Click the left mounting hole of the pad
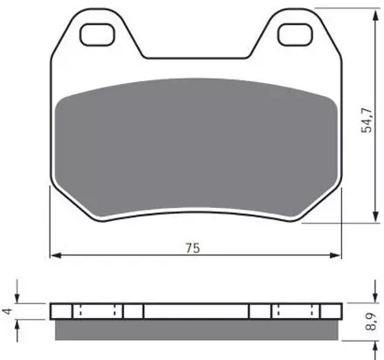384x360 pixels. (x=97, y=35)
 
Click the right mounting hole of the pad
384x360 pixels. (x=295, y=35)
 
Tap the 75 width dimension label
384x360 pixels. (x=193, y=248)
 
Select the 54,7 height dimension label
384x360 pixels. (x=367, y=120)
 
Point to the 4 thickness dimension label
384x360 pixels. (x=8, y=311)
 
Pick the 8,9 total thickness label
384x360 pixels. (x=371, y=322)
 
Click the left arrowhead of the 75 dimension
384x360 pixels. (x=56, y=255)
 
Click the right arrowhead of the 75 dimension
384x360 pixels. (x=335, y=255)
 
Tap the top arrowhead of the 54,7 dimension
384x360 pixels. (x=376, y=14)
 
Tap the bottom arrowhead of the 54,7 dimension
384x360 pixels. (x=376, y=217)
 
